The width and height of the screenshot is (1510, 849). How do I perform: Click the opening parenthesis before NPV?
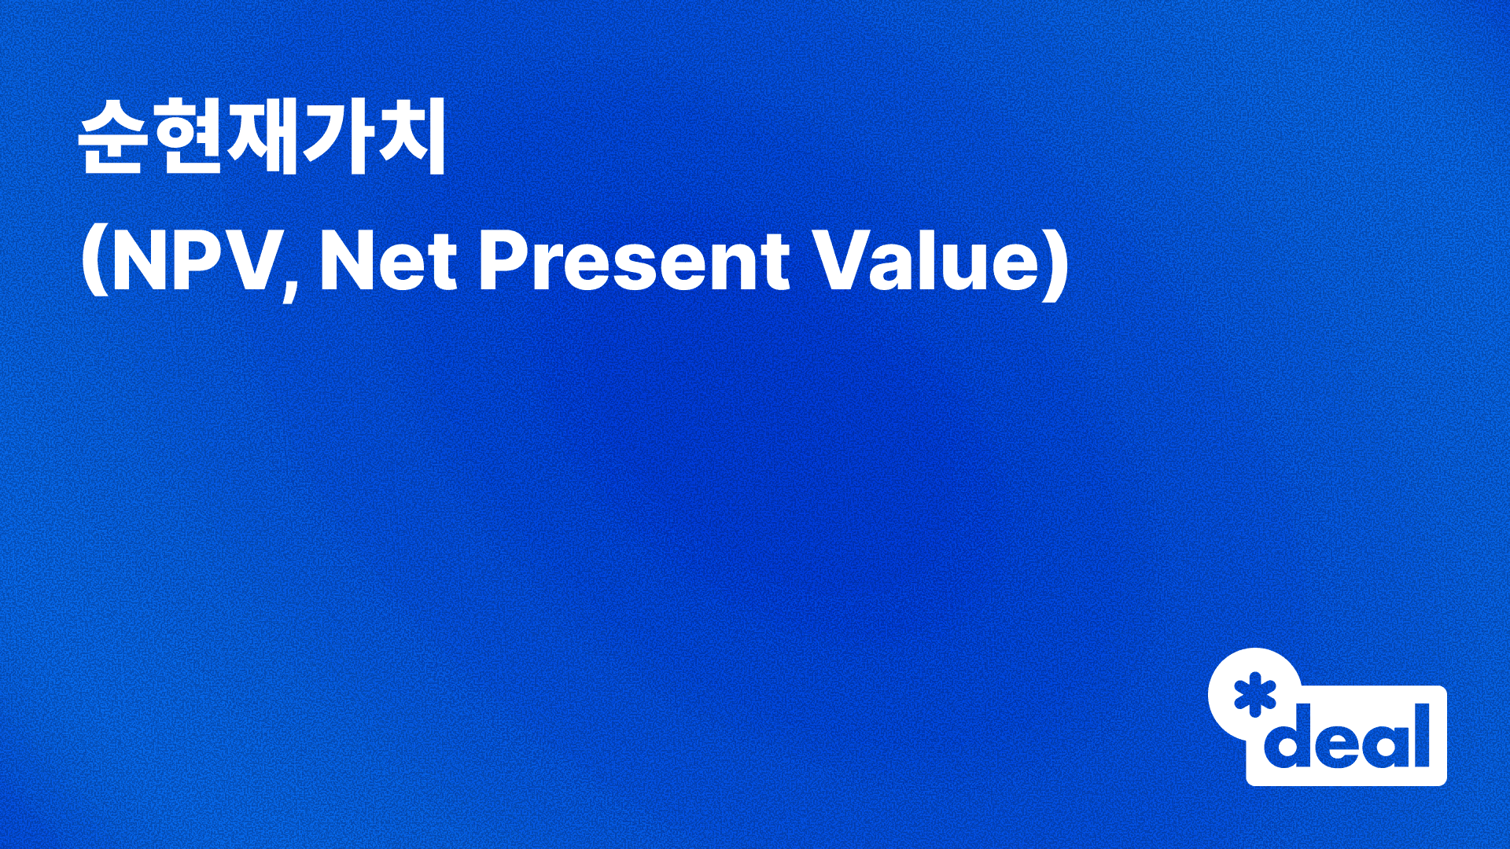coord(94,263)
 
